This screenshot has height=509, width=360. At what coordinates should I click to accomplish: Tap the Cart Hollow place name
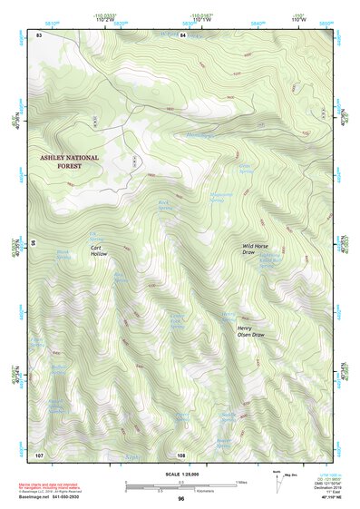[99, 250]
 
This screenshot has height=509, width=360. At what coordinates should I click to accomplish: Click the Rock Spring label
[165, 206]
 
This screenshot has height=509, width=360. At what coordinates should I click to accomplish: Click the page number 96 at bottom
[180, 499]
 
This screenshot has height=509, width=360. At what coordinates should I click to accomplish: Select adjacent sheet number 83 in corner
[38, 34]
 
